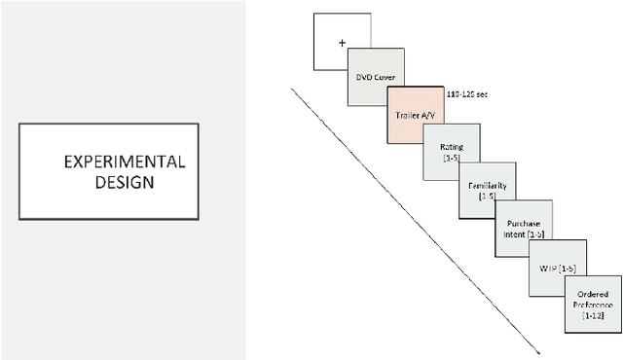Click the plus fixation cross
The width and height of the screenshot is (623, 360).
(343, 43)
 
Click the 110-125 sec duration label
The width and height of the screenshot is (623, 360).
(467, 94)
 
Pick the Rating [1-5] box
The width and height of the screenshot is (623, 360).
(452, 151)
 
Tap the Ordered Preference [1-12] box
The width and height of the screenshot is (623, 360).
(594, 303)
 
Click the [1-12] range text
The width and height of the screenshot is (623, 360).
(594, 316)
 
